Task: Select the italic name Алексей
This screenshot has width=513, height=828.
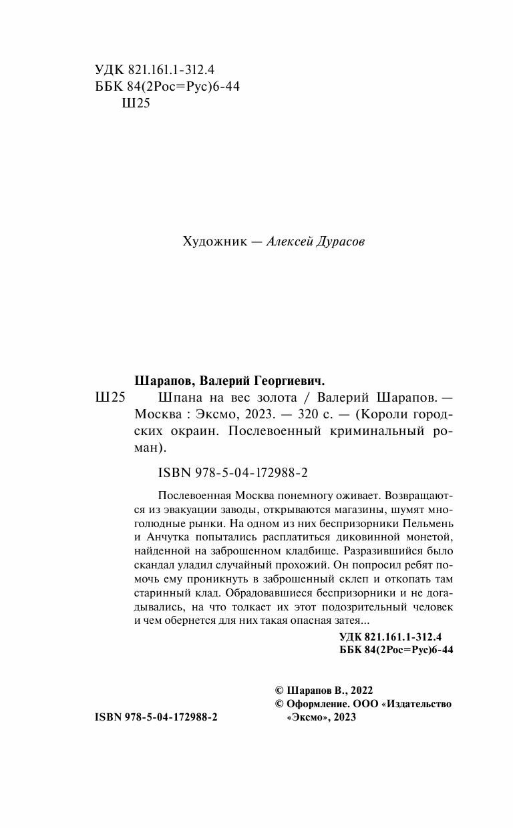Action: (289, 242)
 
